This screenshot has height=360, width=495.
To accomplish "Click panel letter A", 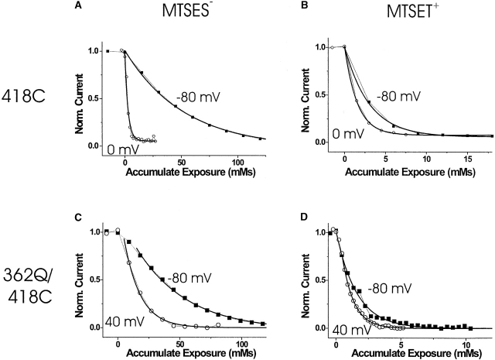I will (75, 6).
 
